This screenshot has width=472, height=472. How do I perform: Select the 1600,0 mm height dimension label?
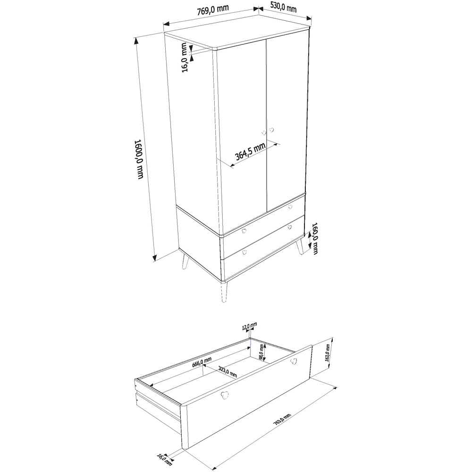point(139,159)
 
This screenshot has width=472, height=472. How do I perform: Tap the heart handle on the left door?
point(264,133)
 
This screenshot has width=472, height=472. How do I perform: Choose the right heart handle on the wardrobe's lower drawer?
point(289,228)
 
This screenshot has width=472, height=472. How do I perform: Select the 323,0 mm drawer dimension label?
point(228,371)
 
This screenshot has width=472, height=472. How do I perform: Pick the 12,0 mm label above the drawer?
point(249,326)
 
